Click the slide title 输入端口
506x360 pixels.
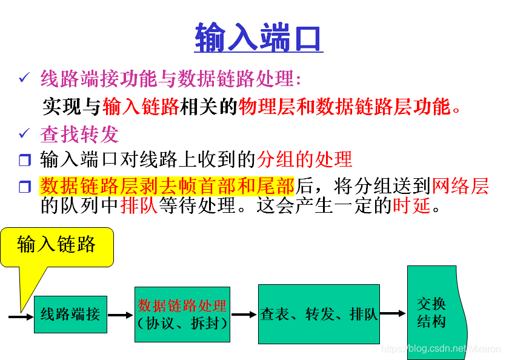[x=259, y=38]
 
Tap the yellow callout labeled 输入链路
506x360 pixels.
[x=57, y=246]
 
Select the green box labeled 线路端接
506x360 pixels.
[x=70, y=315]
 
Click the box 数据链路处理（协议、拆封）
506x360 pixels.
[x=182, y=314]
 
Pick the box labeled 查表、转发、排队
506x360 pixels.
[x=319, y=314]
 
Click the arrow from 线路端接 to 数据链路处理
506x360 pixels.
[x=121, y=315]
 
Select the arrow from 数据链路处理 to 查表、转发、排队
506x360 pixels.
[x=244, y=315]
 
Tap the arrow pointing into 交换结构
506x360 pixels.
[x=393, y=313]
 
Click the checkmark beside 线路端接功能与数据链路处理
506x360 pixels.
[x=24, y=78]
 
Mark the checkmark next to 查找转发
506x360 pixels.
[x=24, y=132]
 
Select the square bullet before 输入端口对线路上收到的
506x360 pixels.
[x=24, y=161]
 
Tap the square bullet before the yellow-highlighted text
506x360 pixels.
[x=24, y=187]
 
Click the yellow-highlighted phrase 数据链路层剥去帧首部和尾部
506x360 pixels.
[x=167, y=185]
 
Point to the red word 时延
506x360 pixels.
[x=411, y=206]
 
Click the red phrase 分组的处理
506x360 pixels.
[x=304, y=159]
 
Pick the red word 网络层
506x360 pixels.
[x=460, y=185]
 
